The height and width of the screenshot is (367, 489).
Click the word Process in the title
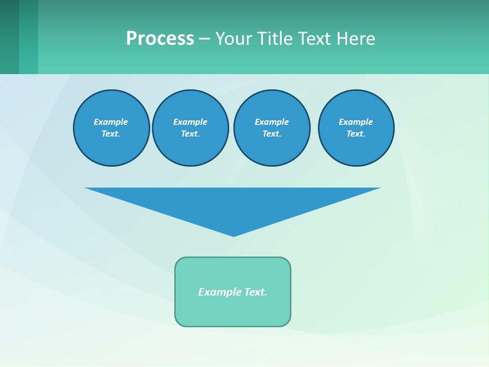[160, 39]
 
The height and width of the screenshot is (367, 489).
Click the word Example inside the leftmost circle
[111, 122]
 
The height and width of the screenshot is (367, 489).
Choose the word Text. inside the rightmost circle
[356, 134]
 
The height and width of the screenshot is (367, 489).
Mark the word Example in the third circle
[272, 122]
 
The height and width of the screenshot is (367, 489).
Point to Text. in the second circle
[191, 134]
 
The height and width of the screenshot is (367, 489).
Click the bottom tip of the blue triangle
[234, 235]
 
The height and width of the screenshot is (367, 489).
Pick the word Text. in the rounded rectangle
[256, 292]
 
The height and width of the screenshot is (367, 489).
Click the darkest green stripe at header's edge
[9, 37]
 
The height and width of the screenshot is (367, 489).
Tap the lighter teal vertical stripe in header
[29, 37]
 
